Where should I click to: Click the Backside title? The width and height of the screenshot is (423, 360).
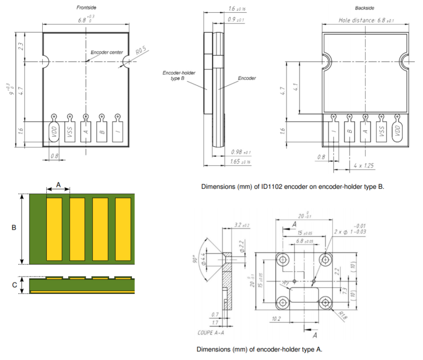coord(365,8)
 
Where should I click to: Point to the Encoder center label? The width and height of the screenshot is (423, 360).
coord(106,52)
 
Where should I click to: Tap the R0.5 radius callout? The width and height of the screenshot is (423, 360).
coord(141,51)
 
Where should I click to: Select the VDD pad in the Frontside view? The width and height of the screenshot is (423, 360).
coord(54,133)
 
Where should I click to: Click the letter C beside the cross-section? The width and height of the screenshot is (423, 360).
coord(14,285)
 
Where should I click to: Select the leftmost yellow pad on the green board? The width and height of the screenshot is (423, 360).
coord(54,228)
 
